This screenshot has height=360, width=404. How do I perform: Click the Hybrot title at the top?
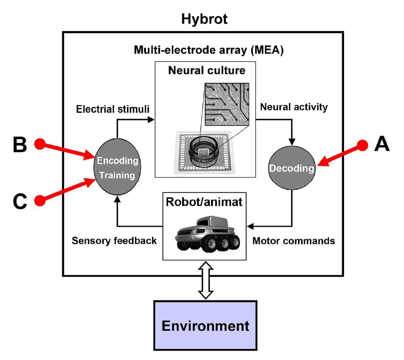(204, 19)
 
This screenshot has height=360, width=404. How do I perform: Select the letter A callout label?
(382, 144)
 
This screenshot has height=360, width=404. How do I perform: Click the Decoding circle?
(292, 168)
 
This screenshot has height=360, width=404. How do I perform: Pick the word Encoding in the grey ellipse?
(118, 161)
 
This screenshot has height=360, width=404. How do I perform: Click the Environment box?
(205, 325)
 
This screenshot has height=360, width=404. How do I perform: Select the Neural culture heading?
(207, 71)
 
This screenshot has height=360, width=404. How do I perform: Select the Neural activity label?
(294, 107)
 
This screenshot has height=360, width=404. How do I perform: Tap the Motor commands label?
(294, 240)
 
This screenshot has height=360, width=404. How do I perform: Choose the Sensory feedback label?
(114, 240)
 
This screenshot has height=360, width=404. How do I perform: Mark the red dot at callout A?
(363, 146)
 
